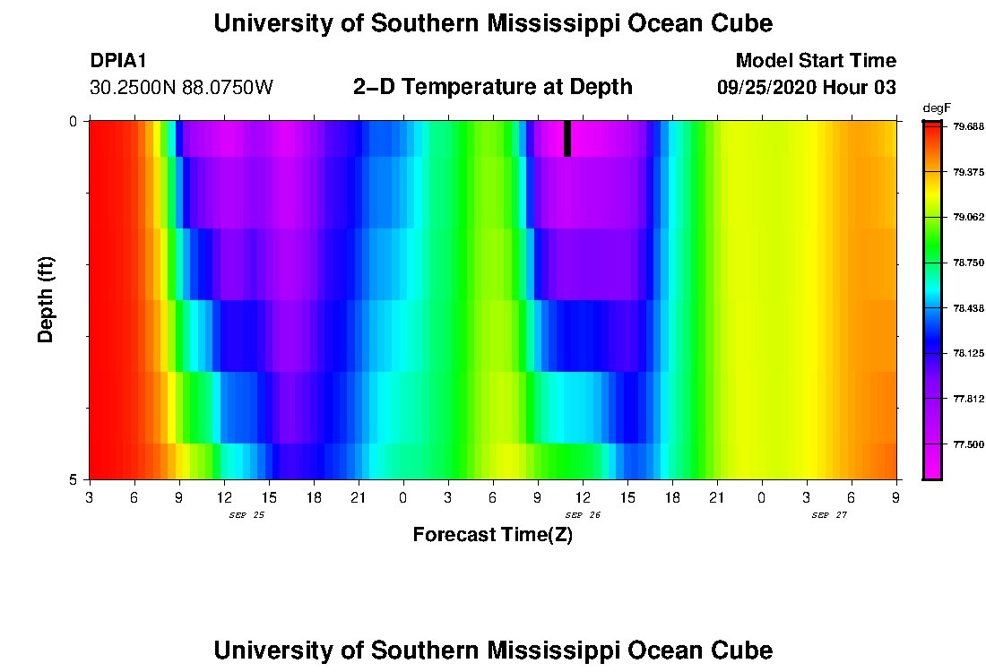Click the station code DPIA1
tap(118, 61)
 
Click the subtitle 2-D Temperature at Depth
tap(492, 87)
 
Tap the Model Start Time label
tap(815, 61)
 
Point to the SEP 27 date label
tap(829, 515)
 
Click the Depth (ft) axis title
tap(47, 300)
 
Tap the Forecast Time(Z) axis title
tap(492, 536)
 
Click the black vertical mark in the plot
tap(567, 139)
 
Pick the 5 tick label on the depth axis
tap(74, 479)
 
